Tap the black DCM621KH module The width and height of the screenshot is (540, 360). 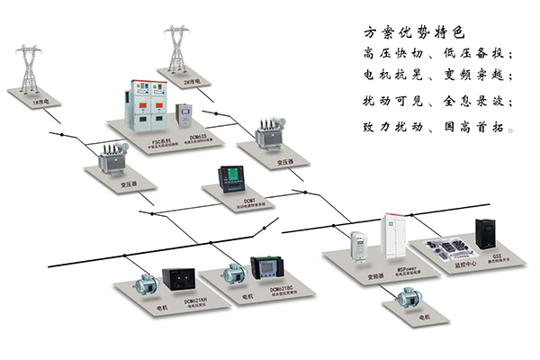[175, 279]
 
